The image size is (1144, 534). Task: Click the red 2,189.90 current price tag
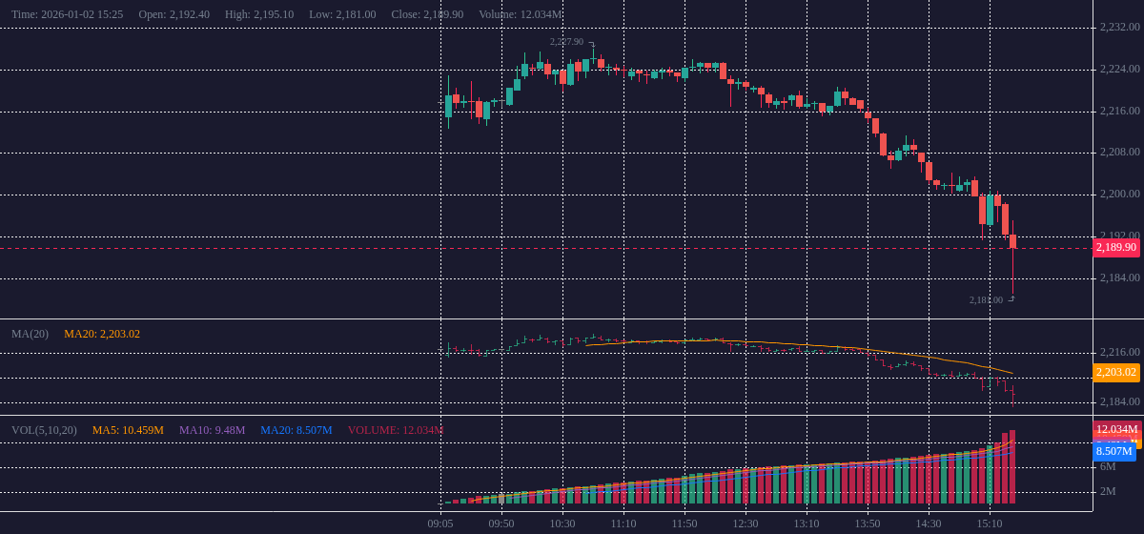pyautogui.click(x=1116, y=248)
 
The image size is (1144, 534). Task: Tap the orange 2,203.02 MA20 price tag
pyautogui.click(x=1116, y=373)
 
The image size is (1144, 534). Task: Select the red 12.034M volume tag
pyautogui.click(x=1116, y=430)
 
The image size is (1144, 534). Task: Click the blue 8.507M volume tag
pyautogui.click(x=1113, y=452)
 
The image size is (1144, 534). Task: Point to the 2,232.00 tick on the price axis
pyautogui.click(x=1119, y=27)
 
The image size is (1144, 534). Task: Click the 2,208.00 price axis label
pyautogui.click(x=1119, y=153)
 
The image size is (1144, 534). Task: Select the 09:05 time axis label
pyautogui.click(x=440, y=524)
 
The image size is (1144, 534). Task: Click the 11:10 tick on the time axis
pyautogui.click(x=623, y=524)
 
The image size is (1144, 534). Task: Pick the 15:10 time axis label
pyautogui.click(x=990, y=524)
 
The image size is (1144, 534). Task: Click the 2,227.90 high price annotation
pyautogui.click(x=566, y=42)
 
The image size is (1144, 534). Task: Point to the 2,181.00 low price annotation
pyautogui.click(x=986, y=300)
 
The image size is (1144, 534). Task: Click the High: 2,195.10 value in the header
pyautogui.click(x=259, y=14)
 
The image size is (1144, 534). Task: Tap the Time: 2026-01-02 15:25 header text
pyautogui.click(x=67, y=14)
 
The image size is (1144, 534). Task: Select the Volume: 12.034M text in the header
pyautogui.click(x=520, y=14)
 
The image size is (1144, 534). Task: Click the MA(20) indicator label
pyautogui.click(x=30, y=334)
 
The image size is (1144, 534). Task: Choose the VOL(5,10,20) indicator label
pyautogui.click(x=44, y=430)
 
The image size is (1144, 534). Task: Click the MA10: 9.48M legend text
pyautogui.click(x=212, y=430)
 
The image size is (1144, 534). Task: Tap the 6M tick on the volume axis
pyautogui.click(x=1108, y=466)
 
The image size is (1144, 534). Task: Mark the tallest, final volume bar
pyautogui.click(x=1012, y=467)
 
